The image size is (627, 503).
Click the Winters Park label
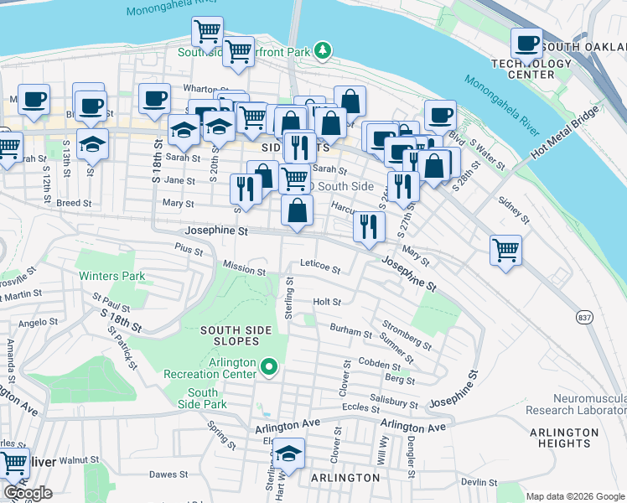pos(111,276)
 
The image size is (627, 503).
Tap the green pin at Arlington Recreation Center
pos(269,367)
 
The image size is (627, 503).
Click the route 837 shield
pos(585,317)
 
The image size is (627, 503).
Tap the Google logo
pos(28,493)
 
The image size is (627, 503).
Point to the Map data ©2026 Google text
pos(575,496)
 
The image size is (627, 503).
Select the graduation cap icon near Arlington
pos(289,454)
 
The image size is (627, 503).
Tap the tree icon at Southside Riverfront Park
pos(322,51)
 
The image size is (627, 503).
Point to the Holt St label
pos(326,302)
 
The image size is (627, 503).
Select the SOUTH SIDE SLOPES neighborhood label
pos(236,336)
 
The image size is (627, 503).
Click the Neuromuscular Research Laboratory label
pos(576,404)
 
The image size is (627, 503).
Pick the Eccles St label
pos(361,407)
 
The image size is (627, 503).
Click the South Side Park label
pos(203,398)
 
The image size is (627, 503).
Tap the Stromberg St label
pos(406,334)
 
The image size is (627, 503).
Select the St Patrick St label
pos(122,347)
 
